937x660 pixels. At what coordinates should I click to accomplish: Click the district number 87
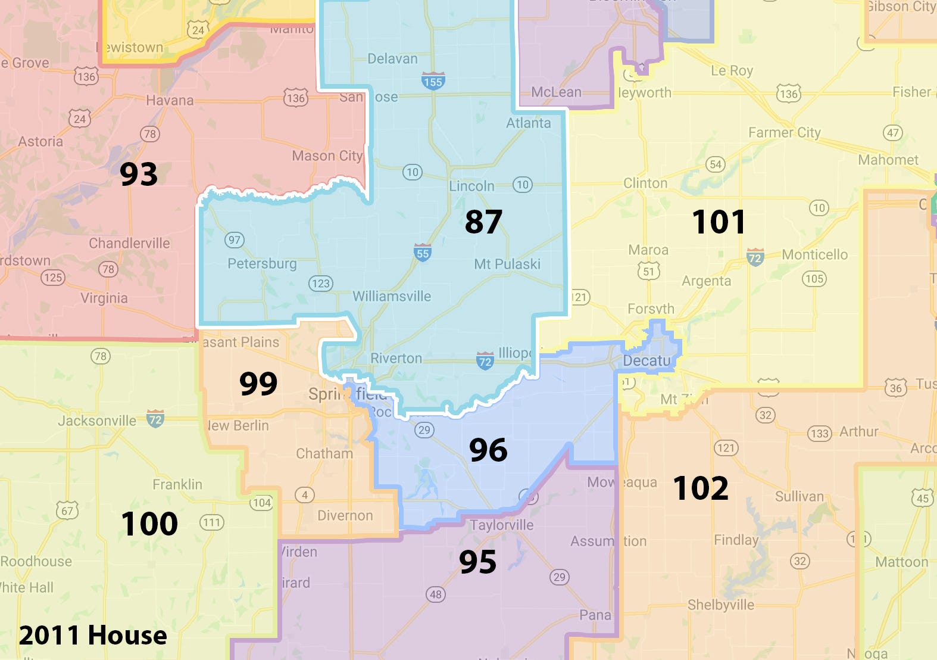483,222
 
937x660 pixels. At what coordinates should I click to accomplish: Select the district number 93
139,174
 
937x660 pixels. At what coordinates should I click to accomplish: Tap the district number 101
719,222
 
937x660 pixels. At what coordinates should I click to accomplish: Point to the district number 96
488,450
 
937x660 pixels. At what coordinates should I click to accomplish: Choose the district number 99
258,383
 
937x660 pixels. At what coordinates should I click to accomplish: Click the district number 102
701,488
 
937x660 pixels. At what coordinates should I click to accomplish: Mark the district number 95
477,562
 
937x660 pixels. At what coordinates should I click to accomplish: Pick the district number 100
149,524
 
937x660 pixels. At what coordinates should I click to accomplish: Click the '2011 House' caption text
93,635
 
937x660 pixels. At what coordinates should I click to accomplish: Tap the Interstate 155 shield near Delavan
433,81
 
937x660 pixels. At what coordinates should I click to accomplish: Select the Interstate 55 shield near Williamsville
423,253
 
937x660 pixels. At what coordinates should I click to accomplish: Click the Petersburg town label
262,263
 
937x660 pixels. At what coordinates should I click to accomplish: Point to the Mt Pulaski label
507,264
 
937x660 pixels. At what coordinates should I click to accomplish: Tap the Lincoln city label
471,186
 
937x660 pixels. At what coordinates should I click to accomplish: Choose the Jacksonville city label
97,421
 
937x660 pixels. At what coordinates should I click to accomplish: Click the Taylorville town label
501,525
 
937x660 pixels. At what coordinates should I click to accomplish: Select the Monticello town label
814,254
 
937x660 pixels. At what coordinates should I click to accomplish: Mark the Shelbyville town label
720,605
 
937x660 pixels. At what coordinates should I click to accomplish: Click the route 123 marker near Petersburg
320,284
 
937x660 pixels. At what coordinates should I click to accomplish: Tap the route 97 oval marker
235,240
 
